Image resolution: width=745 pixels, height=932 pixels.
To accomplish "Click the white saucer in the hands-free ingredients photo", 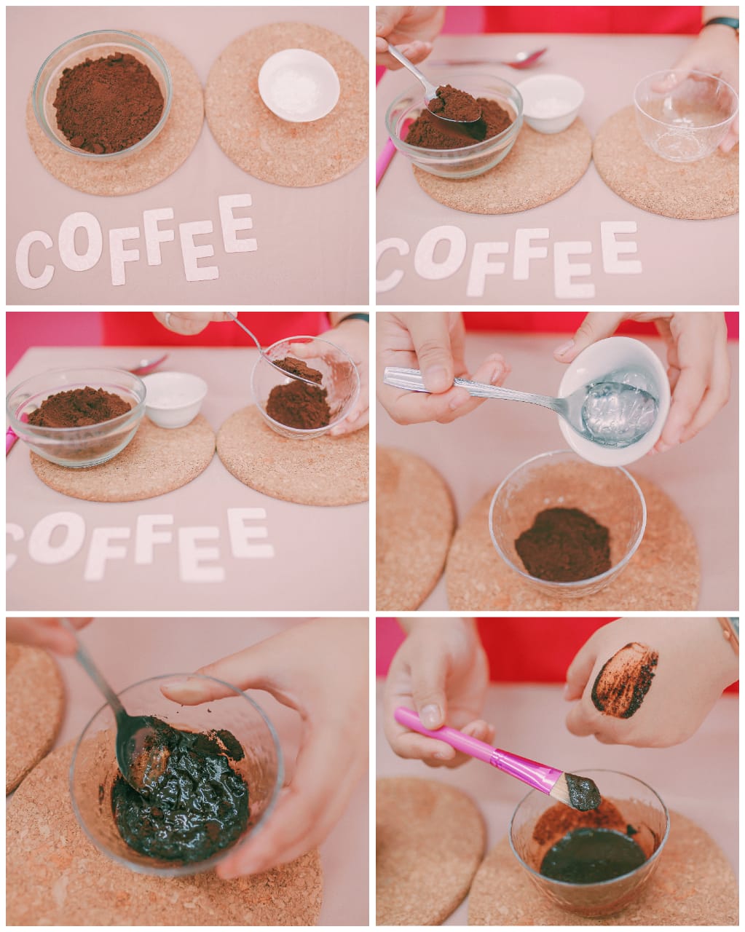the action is point(299,85).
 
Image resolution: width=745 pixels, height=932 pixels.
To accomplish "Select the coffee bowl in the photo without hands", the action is point(103,95).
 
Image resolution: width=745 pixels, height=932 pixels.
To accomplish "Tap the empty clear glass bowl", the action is point(685,116).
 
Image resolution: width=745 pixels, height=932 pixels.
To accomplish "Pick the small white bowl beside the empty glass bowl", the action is point(550,103).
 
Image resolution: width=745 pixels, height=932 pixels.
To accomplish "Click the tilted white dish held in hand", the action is point(614,400).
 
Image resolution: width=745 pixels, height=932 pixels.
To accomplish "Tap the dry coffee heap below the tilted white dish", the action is point(563,545).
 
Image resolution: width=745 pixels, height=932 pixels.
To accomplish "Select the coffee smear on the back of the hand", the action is point(623,680).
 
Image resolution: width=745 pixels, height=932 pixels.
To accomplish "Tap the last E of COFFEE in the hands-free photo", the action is point(236,224).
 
